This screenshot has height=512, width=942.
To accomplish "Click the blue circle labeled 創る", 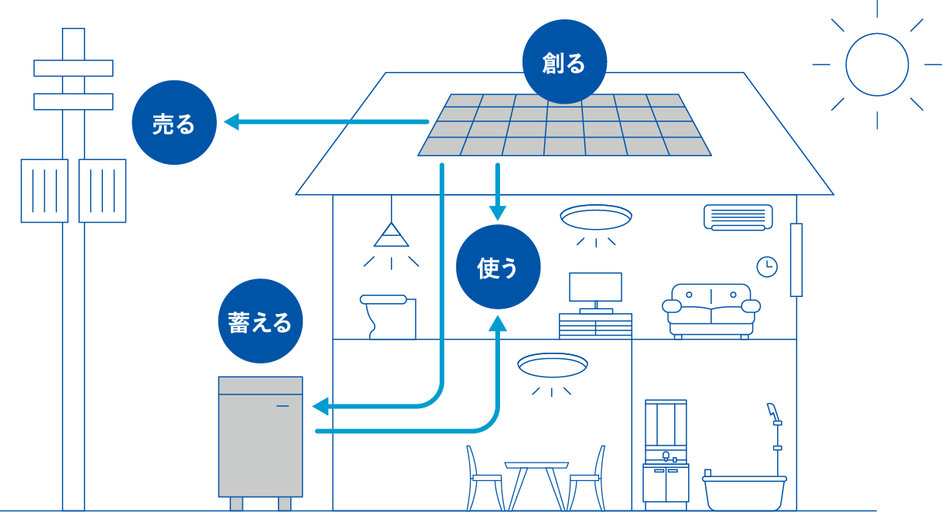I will coord(564,62).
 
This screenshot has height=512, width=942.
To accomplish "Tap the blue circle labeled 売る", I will coord(173,123).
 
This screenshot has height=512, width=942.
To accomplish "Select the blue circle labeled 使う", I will coord(498,268).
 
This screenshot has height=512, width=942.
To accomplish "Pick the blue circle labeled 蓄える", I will coord(260,321).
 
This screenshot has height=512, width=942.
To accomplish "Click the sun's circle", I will coord(876,64).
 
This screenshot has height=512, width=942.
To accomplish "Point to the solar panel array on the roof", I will coord(564,125).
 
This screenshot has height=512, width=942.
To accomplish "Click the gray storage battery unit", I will coord(260,437).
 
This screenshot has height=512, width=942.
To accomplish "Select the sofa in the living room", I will coord(711,309).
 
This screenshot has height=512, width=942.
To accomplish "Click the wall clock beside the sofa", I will coord(766,267).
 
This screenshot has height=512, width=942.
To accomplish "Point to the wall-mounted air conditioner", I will coord(738,217).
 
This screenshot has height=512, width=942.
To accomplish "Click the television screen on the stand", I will coord(595,287).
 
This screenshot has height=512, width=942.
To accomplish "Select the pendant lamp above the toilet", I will coord(391,235).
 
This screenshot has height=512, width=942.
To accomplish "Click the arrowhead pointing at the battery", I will coord(320,406).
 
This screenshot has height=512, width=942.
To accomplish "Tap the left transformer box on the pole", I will coord(44,190).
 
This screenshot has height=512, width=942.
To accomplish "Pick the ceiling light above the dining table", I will coord(552,365).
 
